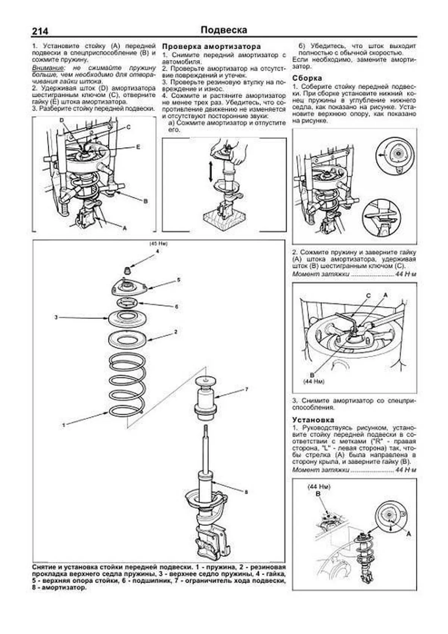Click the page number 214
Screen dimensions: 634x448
tap(40, 31)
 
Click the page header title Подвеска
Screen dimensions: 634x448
tap(224, 30)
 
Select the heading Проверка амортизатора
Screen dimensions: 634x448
tap(211, 47)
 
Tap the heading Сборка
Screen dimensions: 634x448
tap(307, 78)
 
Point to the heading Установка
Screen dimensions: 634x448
tap(313, 420)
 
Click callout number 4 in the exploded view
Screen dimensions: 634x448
tap(157, 251)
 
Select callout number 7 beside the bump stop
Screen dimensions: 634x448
tap(246, 389)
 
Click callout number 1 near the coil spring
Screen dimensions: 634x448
tap(63, 425)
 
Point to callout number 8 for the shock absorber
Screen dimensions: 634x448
tap(246, 492)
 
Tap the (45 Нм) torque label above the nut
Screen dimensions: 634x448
tap(158, 244)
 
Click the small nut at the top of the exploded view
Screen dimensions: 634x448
tap(127, 270)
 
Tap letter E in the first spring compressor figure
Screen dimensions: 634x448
tap(138, 147)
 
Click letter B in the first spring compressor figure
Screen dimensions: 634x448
tap(146, 201)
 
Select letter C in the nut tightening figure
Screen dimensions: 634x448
tap(368, 296)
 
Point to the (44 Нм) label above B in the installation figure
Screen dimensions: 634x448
tap(319, 487)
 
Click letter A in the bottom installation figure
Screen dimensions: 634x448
tap(408, 534)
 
